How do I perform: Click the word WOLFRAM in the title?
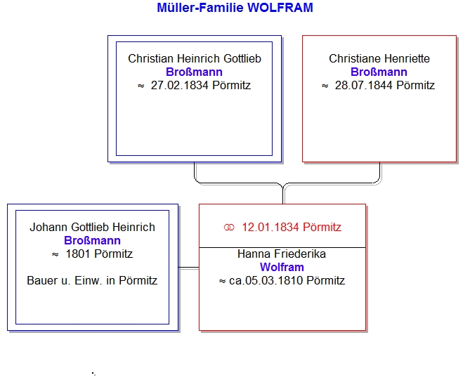point(280,8)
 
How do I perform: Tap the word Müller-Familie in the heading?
point(200,8)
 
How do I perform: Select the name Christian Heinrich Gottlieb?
point(195,58)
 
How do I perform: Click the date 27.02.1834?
point(180,85)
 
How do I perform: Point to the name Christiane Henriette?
point(379,58)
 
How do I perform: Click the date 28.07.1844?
point(364,85)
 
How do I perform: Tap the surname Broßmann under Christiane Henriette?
point(379,72)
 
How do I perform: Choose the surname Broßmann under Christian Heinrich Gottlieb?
point(194,72)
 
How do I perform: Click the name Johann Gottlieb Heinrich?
point(92,227)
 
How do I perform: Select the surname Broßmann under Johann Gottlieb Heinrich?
point(92,240)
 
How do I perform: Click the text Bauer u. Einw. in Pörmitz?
point(92,280)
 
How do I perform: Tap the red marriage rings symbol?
point(229,228)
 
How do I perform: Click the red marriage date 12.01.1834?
point(270,227)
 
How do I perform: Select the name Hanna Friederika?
point(282,254)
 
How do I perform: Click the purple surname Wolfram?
point(282,267)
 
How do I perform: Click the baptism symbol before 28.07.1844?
point(325,86)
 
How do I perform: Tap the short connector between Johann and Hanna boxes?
point(189,268)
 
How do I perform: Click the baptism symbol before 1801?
point(56,254)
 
